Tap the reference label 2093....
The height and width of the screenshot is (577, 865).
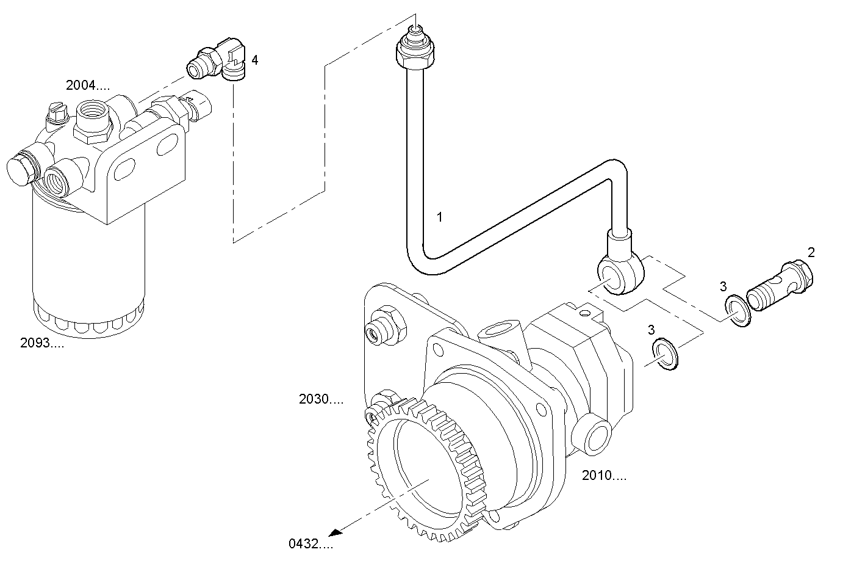[x=41, y=343]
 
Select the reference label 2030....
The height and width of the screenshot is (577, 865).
[x=321, y=399]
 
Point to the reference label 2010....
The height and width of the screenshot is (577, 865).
[x=603, y=476]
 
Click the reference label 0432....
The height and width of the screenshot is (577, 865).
[x=310, y=543]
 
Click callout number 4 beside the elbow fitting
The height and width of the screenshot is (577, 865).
[x=255, y=60]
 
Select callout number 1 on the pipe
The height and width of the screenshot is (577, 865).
[x=439, y=217]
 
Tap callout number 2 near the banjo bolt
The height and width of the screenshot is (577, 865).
[x=811, y=252]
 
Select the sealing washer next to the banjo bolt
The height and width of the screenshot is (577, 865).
[x=738, y=310]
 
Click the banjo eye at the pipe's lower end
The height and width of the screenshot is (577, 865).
[x=617, y=273]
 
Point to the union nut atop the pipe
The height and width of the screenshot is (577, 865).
[x=415, y=53]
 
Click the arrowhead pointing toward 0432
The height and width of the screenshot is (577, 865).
[x=337, y=531]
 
